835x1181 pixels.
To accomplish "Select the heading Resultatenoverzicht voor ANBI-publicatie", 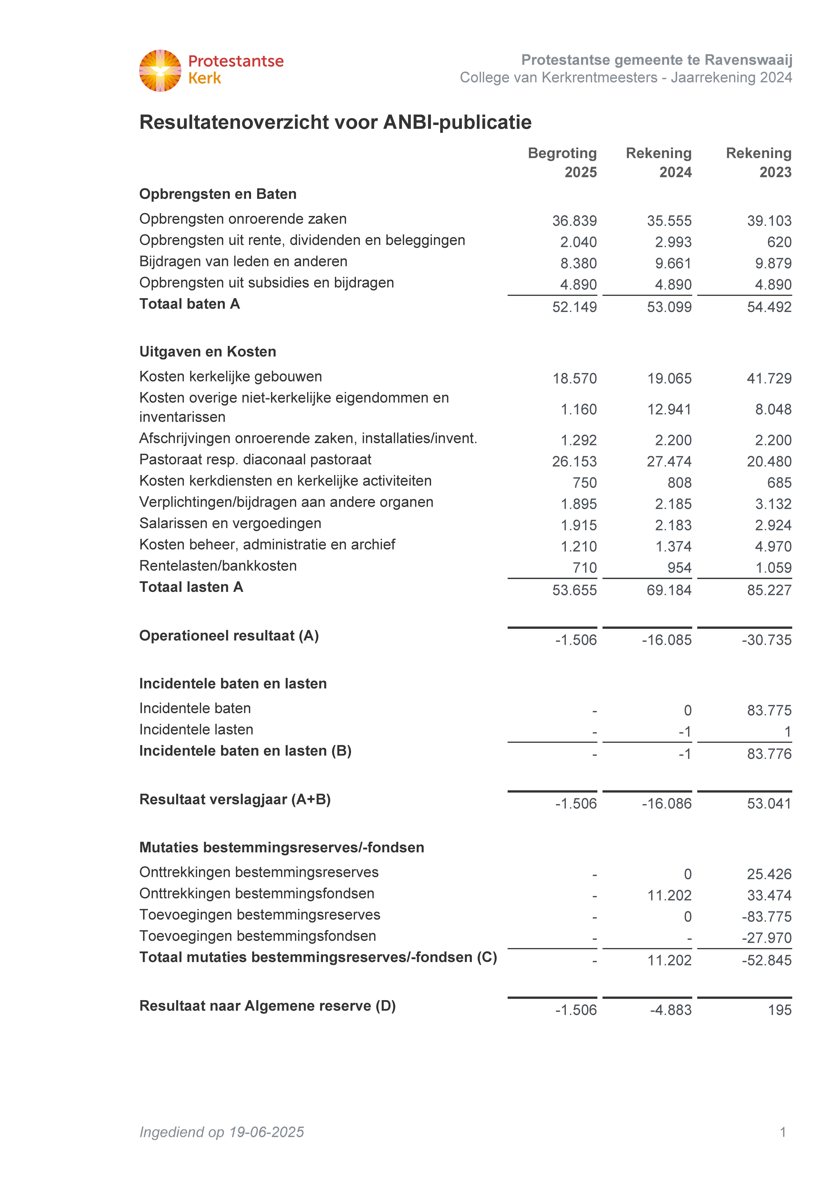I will point(335,122).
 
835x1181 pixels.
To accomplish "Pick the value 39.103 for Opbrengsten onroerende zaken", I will point(769,221).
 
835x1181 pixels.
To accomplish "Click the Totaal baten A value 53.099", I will point(669,307).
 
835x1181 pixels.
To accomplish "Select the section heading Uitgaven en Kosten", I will point(208,352).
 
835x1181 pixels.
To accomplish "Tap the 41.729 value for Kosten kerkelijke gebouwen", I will point(769,379).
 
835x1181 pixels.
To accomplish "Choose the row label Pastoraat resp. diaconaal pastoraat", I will point(255,460).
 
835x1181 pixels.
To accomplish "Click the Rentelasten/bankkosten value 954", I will point(679,568).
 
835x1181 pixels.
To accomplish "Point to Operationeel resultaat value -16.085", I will point(667,640).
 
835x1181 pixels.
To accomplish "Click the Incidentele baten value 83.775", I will point(769,711).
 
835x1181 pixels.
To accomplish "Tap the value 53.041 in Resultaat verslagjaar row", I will point(769,804).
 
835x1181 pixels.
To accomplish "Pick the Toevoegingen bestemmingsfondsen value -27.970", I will point(767,938).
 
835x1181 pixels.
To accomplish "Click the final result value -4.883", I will point(671,1010).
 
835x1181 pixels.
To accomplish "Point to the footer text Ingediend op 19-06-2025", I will point(222,1132).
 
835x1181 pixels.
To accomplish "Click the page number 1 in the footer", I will point(783,1132).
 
